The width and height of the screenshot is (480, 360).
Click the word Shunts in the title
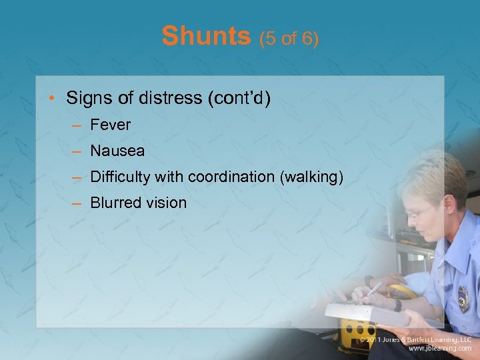click(x=205, y=37)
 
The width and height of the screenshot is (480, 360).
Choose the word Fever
click(x=111, y=125)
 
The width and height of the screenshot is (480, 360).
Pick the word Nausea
click(x=117, y=151)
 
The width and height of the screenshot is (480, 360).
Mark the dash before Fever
click(x=78, y=125)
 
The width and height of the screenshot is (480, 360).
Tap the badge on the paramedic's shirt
click(x=462, y=299)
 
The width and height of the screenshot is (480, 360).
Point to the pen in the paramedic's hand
click(x=373, y=289)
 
